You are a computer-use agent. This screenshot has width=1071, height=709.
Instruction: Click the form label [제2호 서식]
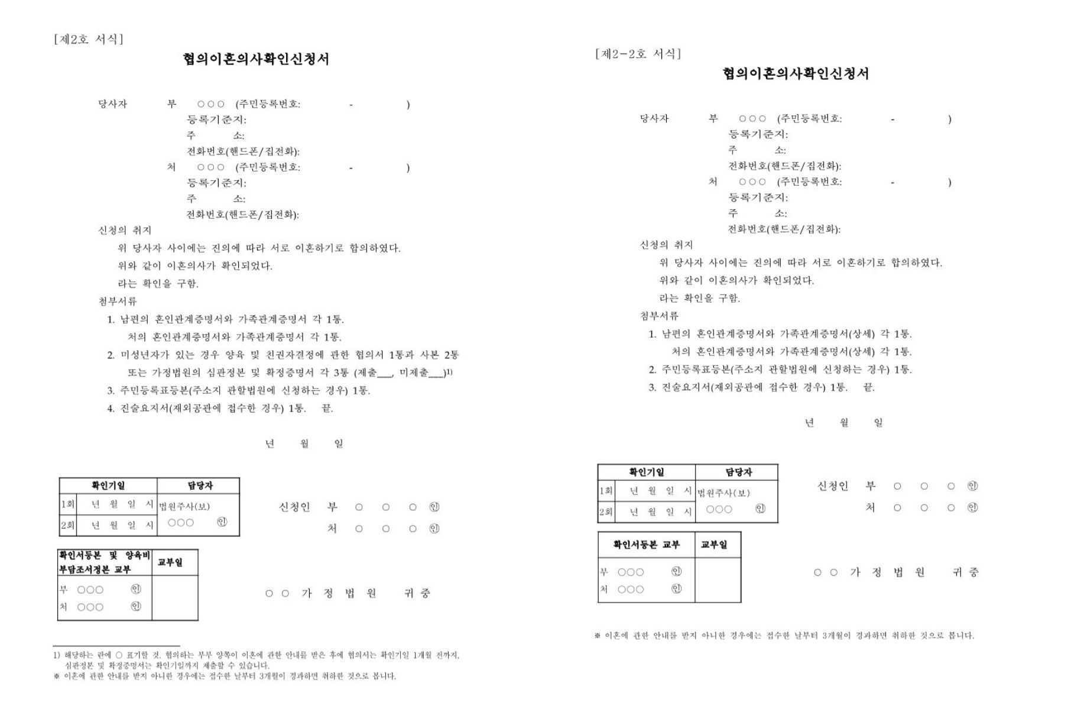click(89, 40)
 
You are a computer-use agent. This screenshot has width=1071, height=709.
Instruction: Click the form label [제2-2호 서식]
click(638, 54)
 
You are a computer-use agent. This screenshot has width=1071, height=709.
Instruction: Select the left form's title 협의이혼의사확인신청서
click(256, 59)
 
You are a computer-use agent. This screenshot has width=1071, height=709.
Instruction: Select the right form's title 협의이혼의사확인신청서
click(796, 74)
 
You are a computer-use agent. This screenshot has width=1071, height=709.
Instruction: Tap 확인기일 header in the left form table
click(108, 485)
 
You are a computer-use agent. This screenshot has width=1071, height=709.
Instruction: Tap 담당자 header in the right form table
click(738, 472)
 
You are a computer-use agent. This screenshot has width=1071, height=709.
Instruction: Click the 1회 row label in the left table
click(67, 504)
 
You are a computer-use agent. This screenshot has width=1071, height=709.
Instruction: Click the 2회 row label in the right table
click(606, 512)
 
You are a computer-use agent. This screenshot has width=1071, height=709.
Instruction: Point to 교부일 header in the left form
click(170, 562)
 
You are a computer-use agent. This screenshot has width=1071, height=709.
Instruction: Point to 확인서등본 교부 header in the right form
click(646, 545)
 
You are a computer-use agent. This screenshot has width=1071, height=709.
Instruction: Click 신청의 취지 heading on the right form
click(666, 245)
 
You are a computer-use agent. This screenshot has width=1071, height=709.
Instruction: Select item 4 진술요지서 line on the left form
click(220, 409)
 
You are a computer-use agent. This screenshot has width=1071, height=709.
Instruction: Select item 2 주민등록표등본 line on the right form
click(780, 370)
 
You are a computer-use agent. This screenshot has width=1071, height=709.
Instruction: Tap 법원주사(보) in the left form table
click(184, 506)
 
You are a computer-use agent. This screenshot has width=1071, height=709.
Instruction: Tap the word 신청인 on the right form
click(832, 486)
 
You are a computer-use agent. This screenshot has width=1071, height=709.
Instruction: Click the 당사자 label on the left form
click(113, 104)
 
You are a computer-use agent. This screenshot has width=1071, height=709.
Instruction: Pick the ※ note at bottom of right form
click(784, 636)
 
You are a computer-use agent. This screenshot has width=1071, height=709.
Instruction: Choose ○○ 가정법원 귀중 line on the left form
click(348, 593)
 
